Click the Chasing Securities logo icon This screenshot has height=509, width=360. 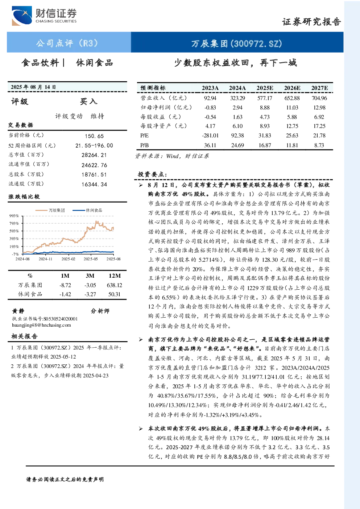pos(22,16)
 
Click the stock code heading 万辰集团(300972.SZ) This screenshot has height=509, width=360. pos(237,44)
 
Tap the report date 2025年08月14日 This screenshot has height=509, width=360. pos(33,87)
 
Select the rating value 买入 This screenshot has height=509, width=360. pos(88,102)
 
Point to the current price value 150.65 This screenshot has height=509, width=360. pos(94,136)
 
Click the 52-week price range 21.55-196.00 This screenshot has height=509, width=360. pos(94,145)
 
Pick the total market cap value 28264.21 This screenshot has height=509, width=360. pos(94,155)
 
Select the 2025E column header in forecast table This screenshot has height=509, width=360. pos(265,88)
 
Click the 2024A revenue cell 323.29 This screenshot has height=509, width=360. pos(237,98)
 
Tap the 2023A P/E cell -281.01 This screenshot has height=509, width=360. pos(210,136)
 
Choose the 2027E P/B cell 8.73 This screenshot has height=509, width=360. pos(319,145)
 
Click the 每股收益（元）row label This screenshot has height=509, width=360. pos(161,117)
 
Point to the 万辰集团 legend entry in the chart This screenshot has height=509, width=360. pos(50,210)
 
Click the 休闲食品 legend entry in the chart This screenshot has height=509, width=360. pos(87,210)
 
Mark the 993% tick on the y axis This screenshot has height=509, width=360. pos(14,216)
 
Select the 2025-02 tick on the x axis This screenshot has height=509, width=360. pos(69,259)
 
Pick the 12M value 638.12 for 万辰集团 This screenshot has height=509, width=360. pos(115,285)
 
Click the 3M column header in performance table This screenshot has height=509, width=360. pos(90,276)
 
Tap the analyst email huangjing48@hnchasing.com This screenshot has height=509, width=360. pos(41,325)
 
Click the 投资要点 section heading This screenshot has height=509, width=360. pos(153,174)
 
